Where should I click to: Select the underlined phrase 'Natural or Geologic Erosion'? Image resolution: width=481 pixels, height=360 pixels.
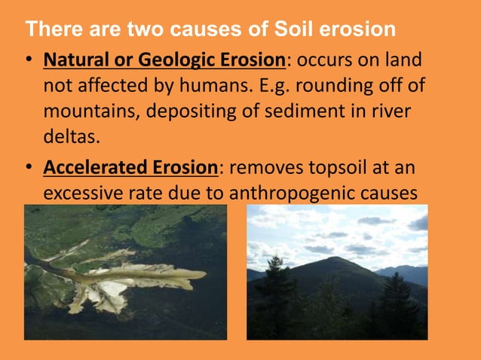(x=164, y=59)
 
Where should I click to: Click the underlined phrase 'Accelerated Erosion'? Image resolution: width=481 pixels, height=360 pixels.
(x=130, y=168)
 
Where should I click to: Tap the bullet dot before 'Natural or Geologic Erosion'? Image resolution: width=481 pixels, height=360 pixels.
(x=28, y=60)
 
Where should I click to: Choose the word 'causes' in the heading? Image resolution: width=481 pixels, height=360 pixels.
(x=232, y=30)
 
